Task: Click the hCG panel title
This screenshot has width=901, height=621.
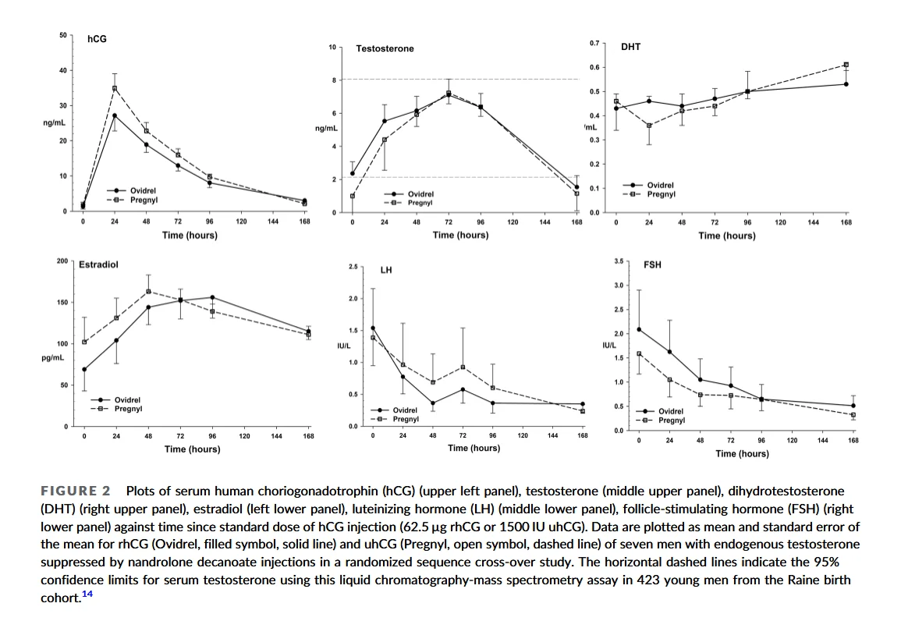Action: [97, 38]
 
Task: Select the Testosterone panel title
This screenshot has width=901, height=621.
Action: [385, 49]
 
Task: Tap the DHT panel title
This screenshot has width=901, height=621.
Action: [630, 48]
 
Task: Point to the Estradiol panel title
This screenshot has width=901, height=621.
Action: [98, 265]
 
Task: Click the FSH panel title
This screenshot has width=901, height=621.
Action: [652, 265]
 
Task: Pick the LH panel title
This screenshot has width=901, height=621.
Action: [386, 271]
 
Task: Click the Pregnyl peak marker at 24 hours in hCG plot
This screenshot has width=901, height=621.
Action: [115, 88]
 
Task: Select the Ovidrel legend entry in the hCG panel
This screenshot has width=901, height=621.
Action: [143, 190]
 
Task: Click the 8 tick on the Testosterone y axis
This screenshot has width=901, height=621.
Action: [333, 80]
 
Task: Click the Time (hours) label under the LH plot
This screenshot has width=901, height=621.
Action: [474, 448]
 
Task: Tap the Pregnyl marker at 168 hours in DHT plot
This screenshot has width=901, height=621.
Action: [846, 65]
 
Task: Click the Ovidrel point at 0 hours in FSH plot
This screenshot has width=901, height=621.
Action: [639, 329]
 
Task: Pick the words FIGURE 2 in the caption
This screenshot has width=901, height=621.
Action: [76, 491]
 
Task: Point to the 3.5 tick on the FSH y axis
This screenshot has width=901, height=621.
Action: [617, 261]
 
